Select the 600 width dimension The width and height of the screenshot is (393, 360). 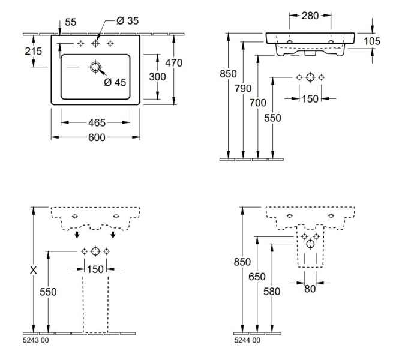(97, 137)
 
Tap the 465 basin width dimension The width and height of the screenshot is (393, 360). (97, 122)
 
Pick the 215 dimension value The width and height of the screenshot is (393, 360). (34, 52)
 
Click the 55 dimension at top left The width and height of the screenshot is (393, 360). (70, 22)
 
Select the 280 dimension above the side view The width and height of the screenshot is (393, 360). (310, 14)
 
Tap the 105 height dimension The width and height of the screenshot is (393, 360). (372, 41)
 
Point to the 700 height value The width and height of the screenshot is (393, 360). (257, 103)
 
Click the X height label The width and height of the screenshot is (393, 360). (34, 271)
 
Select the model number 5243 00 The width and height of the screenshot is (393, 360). (36, 340)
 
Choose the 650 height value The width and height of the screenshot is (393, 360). (257, 277)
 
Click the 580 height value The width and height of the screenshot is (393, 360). (272, 291)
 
